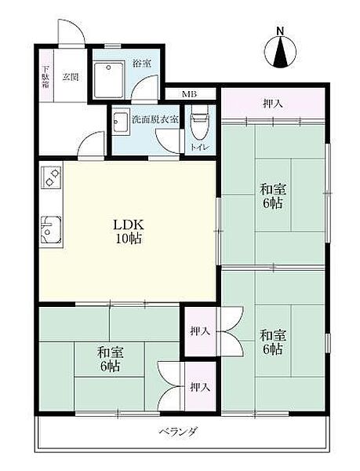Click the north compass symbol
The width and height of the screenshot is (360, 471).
click(281, 52)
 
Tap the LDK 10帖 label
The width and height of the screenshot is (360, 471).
click(129, 232)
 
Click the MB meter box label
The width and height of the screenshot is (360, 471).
click(190, 94)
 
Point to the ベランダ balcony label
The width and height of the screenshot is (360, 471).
click(178, 433)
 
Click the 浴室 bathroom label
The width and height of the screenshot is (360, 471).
click(142, 64)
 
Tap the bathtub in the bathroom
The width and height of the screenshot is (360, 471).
click(108, 80)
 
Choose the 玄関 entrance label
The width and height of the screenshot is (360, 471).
click(71, 77)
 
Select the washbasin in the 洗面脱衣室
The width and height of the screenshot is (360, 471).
click(121, 122)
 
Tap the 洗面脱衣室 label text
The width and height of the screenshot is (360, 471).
click(156, 120)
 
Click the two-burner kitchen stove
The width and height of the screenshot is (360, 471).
click(51, 177)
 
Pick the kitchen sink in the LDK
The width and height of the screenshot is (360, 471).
click(51, 230)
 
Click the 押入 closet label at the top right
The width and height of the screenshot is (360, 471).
click(273, 104)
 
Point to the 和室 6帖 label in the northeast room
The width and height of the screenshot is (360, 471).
click(273, 196)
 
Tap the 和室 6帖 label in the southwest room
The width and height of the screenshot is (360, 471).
click(111, 359)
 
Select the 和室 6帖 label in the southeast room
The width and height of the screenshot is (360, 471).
click(273, 341)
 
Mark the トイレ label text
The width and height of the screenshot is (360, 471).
click(199, 148)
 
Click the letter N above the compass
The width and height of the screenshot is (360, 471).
click(280, 31)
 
